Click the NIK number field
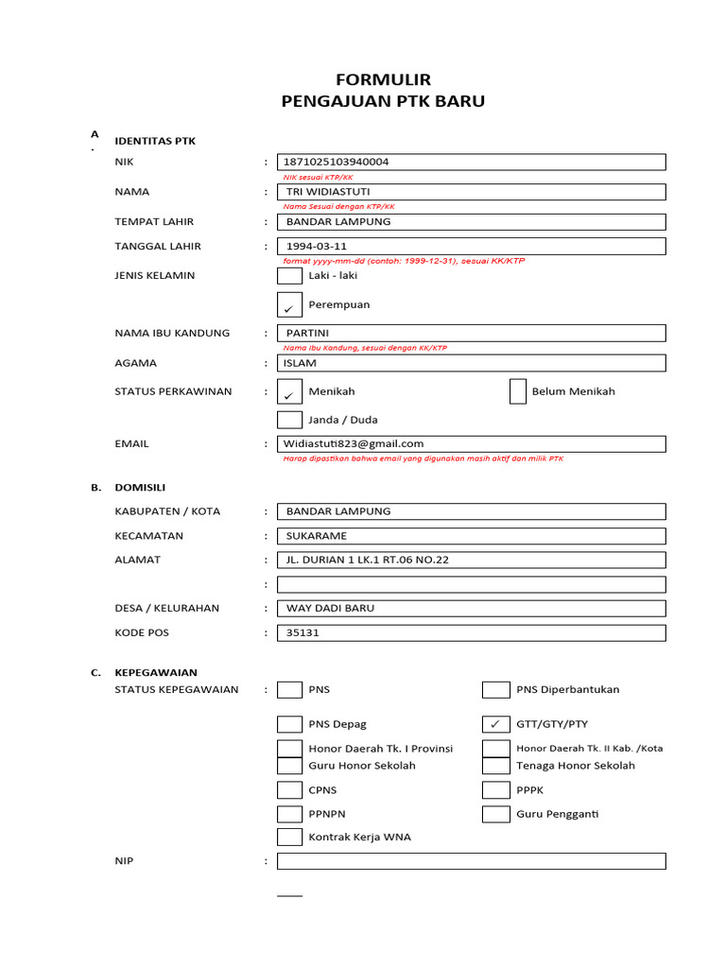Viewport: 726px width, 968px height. (x=471, y=162)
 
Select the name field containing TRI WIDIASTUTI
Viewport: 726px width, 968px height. (x=471, y=192)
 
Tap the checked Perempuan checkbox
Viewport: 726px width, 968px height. (x=289, y=305)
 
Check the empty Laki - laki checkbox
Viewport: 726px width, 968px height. (x=289, y=276)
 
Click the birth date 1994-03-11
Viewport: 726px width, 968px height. (x=471, y=247)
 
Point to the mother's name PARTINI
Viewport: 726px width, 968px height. (x=471, y=333)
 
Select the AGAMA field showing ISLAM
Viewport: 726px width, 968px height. (x=471, y=363)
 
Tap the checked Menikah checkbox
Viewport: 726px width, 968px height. (x=289, y=392)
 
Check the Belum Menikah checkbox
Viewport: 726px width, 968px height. (x=517, y=391)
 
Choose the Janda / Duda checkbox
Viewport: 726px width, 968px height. (x=289, y=420)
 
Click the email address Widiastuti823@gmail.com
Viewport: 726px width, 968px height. (x=471, y=443)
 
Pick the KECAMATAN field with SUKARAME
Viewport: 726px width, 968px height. (x=471, y=536)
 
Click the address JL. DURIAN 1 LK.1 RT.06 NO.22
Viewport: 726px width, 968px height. (x=471, y=560)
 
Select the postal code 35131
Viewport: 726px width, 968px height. (x=471, y=632)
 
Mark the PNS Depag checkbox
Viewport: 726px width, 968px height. (x=289, y=724)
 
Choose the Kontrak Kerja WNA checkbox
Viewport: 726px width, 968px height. (x=289, y=837)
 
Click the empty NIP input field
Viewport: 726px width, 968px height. (x=471, y=861)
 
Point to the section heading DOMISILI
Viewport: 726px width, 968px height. (x=140, y=488)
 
